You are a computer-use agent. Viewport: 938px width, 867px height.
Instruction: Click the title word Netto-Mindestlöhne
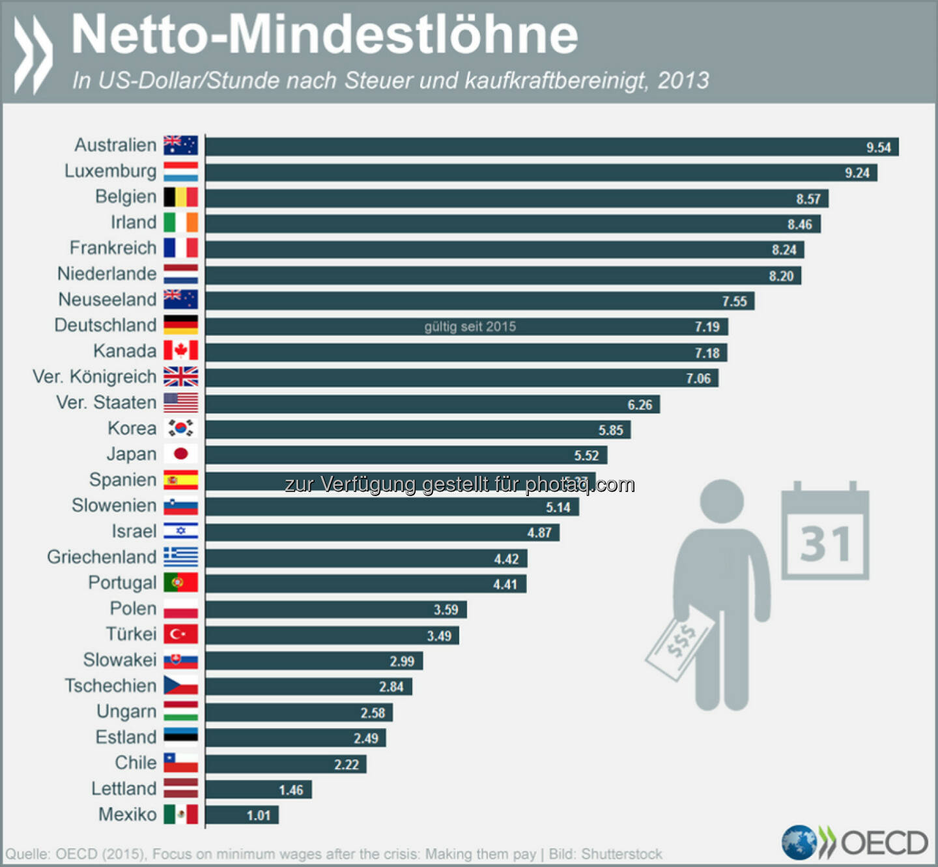(324, 35)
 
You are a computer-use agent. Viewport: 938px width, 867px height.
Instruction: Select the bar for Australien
(551, 147)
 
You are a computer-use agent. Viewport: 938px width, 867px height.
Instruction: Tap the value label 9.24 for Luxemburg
(857, 173)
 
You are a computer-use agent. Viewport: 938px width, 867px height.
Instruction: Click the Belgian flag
(180, 197)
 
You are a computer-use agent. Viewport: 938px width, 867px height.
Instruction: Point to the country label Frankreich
(113, 248)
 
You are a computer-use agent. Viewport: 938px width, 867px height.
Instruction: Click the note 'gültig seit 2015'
(470, 327)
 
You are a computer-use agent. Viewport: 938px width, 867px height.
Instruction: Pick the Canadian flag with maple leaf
(180, 351)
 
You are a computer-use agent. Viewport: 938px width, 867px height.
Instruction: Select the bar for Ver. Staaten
(432, 404)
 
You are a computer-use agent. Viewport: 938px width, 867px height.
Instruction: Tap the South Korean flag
(180, 428)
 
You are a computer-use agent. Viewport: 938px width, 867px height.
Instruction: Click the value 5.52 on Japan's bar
(586, 456)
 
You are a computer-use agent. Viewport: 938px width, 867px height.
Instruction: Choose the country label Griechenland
(102, 557)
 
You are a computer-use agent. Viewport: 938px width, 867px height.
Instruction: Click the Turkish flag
(180, 634)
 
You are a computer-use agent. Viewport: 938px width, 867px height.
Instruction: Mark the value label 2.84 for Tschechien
(391, 687)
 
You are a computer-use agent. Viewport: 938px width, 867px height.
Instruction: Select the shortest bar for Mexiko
(242, 816)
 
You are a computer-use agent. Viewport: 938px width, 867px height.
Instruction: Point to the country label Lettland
(124, 789)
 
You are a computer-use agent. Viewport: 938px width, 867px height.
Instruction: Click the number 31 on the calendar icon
(825, 544)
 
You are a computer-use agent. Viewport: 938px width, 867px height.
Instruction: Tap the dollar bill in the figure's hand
(679, 641)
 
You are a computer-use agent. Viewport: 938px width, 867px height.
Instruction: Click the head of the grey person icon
(722, 501)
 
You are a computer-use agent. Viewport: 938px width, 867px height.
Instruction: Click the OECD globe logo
(799, 842)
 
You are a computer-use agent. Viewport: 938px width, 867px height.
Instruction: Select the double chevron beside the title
(33, 55)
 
